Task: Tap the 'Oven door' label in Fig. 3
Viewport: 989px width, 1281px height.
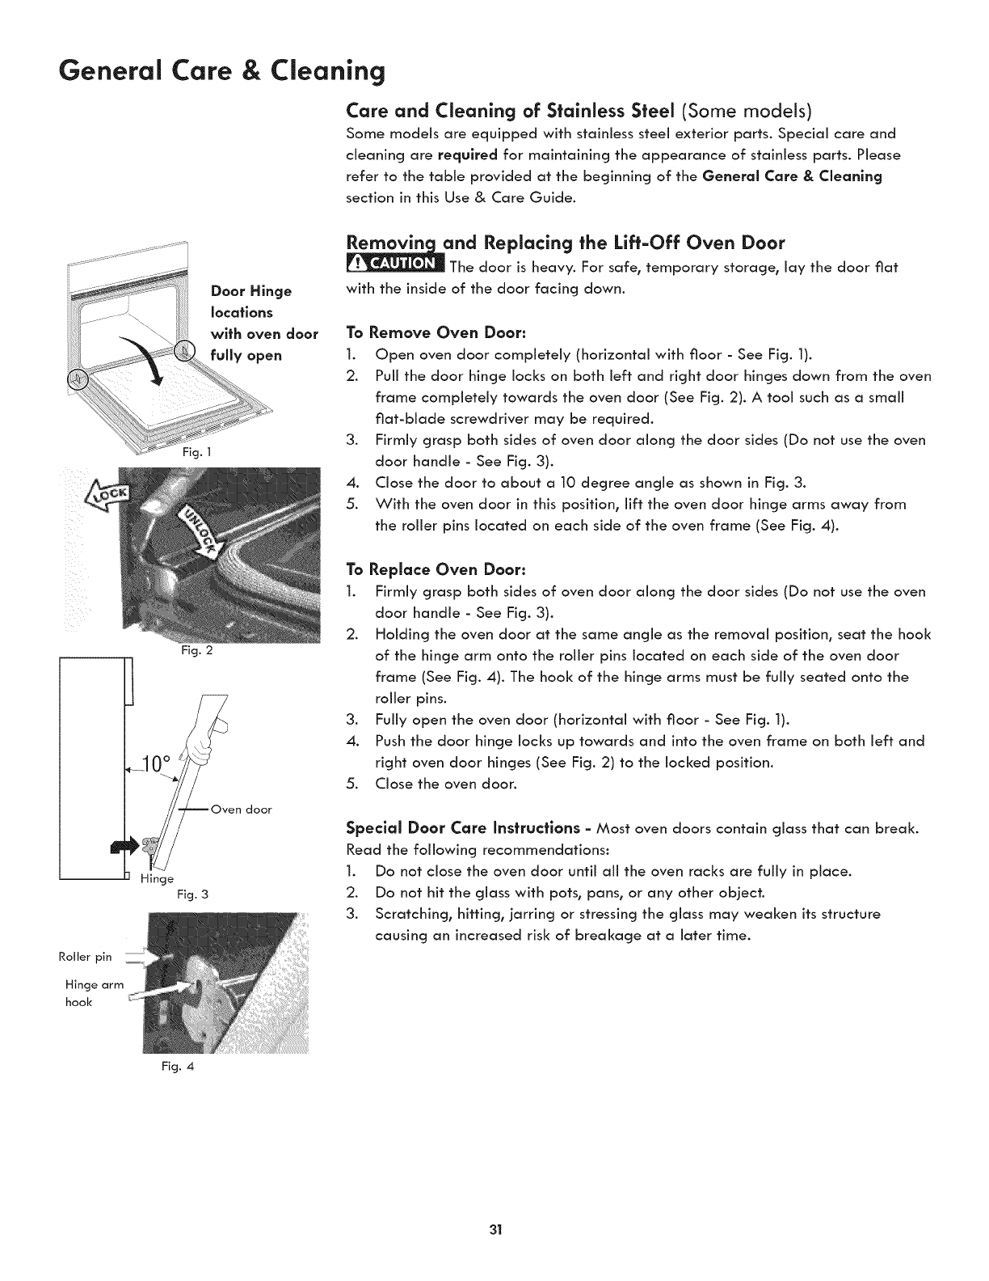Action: pos(241,809)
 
